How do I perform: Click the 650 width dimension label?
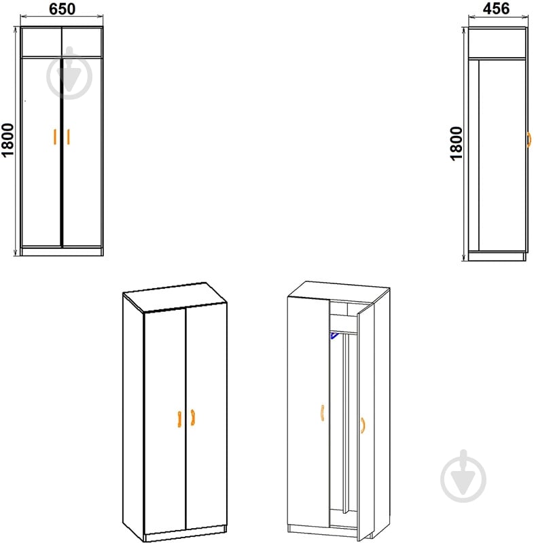[x=62, y=9]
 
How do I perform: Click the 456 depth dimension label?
[x=496, y=9]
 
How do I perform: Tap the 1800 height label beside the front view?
[x=7, y=140]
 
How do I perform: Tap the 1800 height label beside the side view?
[x=456, y=143]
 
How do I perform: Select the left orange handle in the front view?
[x=55, y=137]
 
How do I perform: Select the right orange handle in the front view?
[x=68, y=137]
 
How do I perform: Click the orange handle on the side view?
[x=529, y=139]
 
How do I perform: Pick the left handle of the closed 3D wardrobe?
[x=179, y=419]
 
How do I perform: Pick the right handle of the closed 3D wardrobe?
[x=193, y=417]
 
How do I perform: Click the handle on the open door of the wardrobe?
[x=362, y=425]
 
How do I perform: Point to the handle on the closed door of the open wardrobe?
[x=323, y=413]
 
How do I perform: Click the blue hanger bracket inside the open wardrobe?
[x=334, y=335]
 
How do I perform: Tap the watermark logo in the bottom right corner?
[x=463, y=476]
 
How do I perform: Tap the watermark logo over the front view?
[x=69, y=73]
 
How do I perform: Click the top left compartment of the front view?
[x=41, y=42]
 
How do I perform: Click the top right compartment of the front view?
[x=82, y=42]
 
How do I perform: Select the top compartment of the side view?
[x=497, y=43]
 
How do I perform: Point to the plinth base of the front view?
[x=62, y=251]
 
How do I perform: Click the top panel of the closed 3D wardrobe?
[x=175, y=297]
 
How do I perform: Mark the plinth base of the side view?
[x=497, y=256]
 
